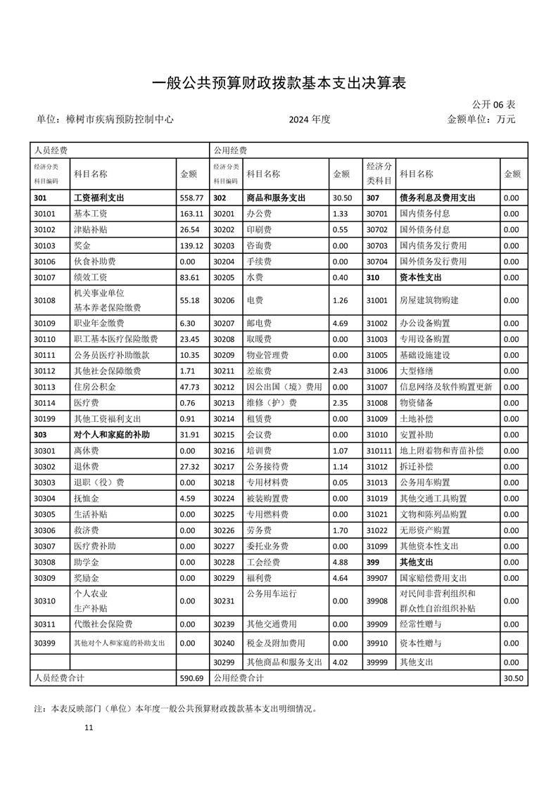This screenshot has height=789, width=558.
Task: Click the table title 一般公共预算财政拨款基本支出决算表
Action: [279, 82]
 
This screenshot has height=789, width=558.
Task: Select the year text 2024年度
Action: [310, 120]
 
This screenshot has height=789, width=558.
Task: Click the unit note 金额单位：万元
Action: [481, 120]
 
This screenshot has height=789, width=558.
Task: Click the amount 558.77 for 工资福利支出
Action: [191, 198]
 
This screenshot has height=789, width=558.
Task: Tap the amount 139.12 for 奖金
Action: [191, 245]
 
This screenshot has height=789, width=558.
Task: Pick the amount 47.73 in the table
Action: [191, 386]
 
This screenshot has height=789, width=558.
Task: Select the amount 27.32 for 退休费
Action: [191, 466]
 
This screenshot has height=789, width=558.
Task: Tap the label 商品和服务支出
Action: [276, 198]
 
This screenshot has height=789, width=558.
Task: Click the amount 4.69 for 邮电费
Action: [340, 323]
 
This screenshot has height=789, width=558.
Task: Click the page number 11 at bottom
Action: [88, 728]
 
